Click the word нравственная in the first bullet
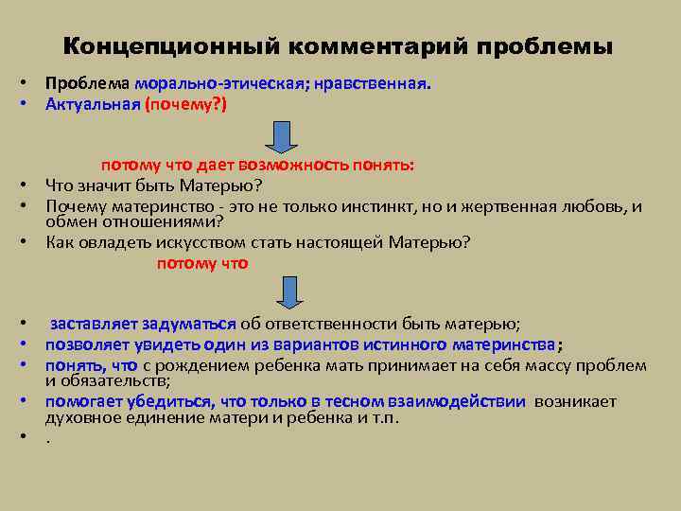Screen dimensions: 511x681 (x=372, y=83)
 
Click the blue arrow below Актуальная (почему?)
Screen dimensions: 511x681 (x=282, y=135)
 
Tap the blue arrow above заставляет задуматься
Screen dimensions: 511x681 (x=282, y=288)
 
